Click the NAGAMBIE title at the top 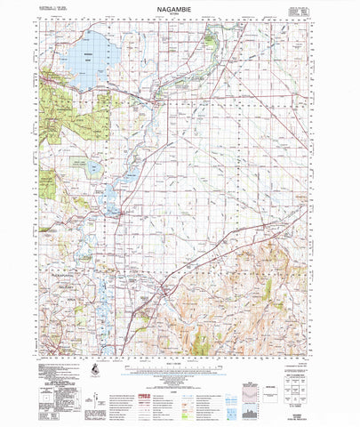point(180,7)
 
